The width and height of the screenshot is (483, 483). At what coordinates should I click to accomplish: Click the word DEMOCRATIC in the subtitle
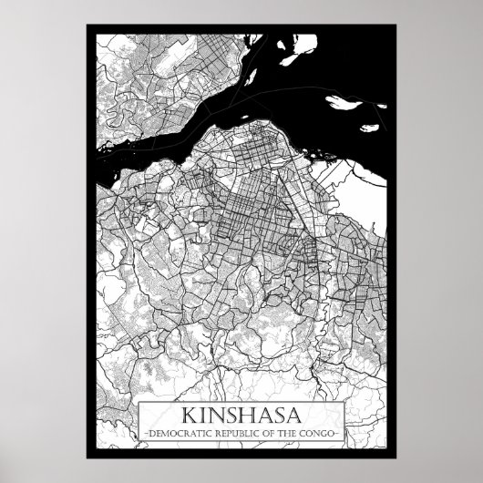coord(173,428)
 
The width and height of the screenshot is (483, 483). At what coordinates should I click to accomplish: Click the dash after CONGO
coord(340,428)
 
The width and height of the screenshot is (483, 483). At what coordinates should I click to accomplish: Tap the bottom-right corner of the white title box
coord(344,439)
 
